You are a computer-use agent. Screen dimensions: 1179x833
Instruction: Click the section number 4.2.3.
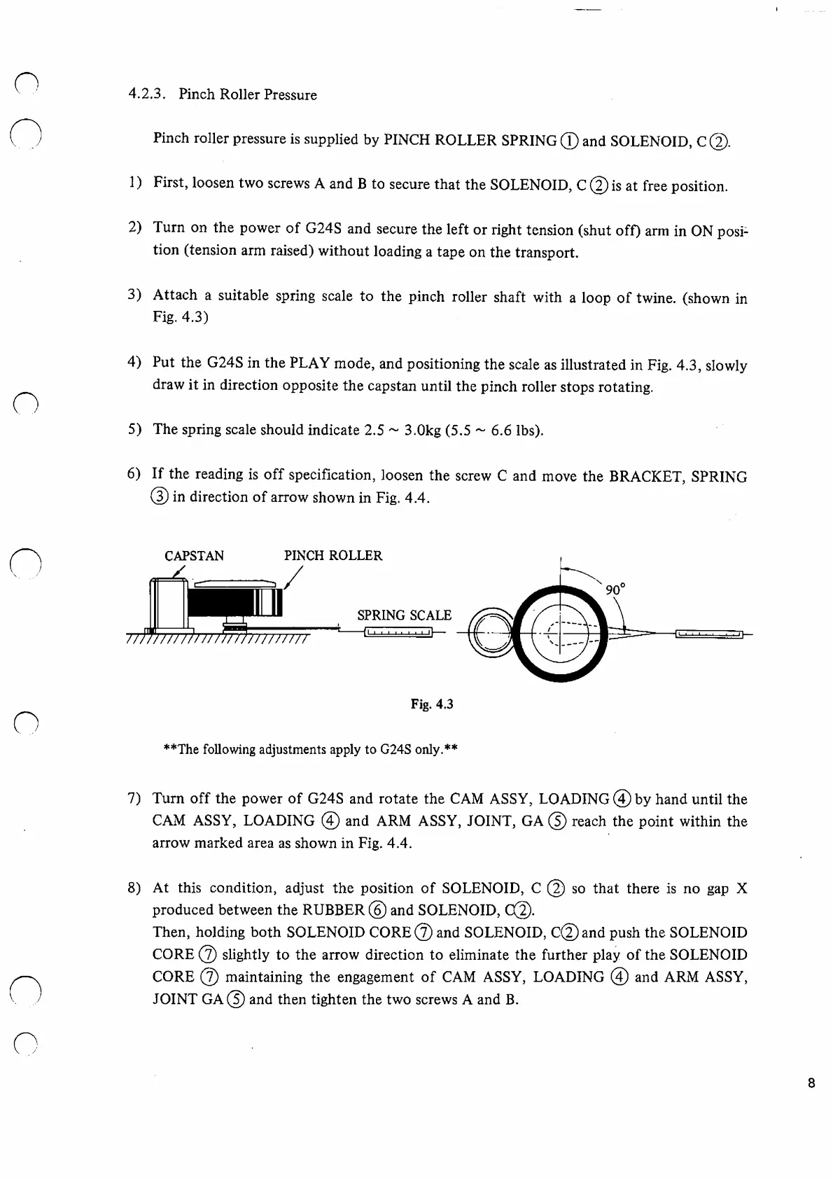146,95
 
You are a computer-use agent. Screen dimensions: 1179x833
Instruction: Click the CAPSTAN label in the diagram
194,556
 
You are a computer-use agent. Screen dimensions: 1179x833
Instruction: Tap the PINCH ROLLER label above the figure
332,556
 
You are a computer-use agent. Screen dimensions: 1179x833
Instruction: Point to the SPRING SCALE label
404,615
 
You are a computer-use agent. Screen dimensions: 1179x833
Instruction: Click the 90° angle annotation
615,589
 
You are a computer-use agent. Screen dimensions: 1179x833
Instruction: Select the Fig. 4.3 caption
432,704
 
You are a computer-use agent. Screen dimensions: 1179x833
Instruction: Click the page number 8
811,1083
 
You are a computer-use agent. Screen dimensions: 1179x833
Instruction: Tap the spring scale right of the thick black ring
708,634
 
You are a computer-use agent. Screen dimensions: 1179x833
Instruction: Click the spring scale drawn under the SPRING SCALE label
398,634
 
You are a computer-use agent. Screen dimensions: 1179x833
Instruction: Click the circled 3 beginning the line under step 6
160,498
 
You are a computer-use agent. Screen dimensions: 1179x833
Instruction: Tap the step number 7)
134,799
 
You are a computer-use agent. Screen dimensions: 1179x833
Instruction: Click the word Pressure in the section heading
289,95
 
